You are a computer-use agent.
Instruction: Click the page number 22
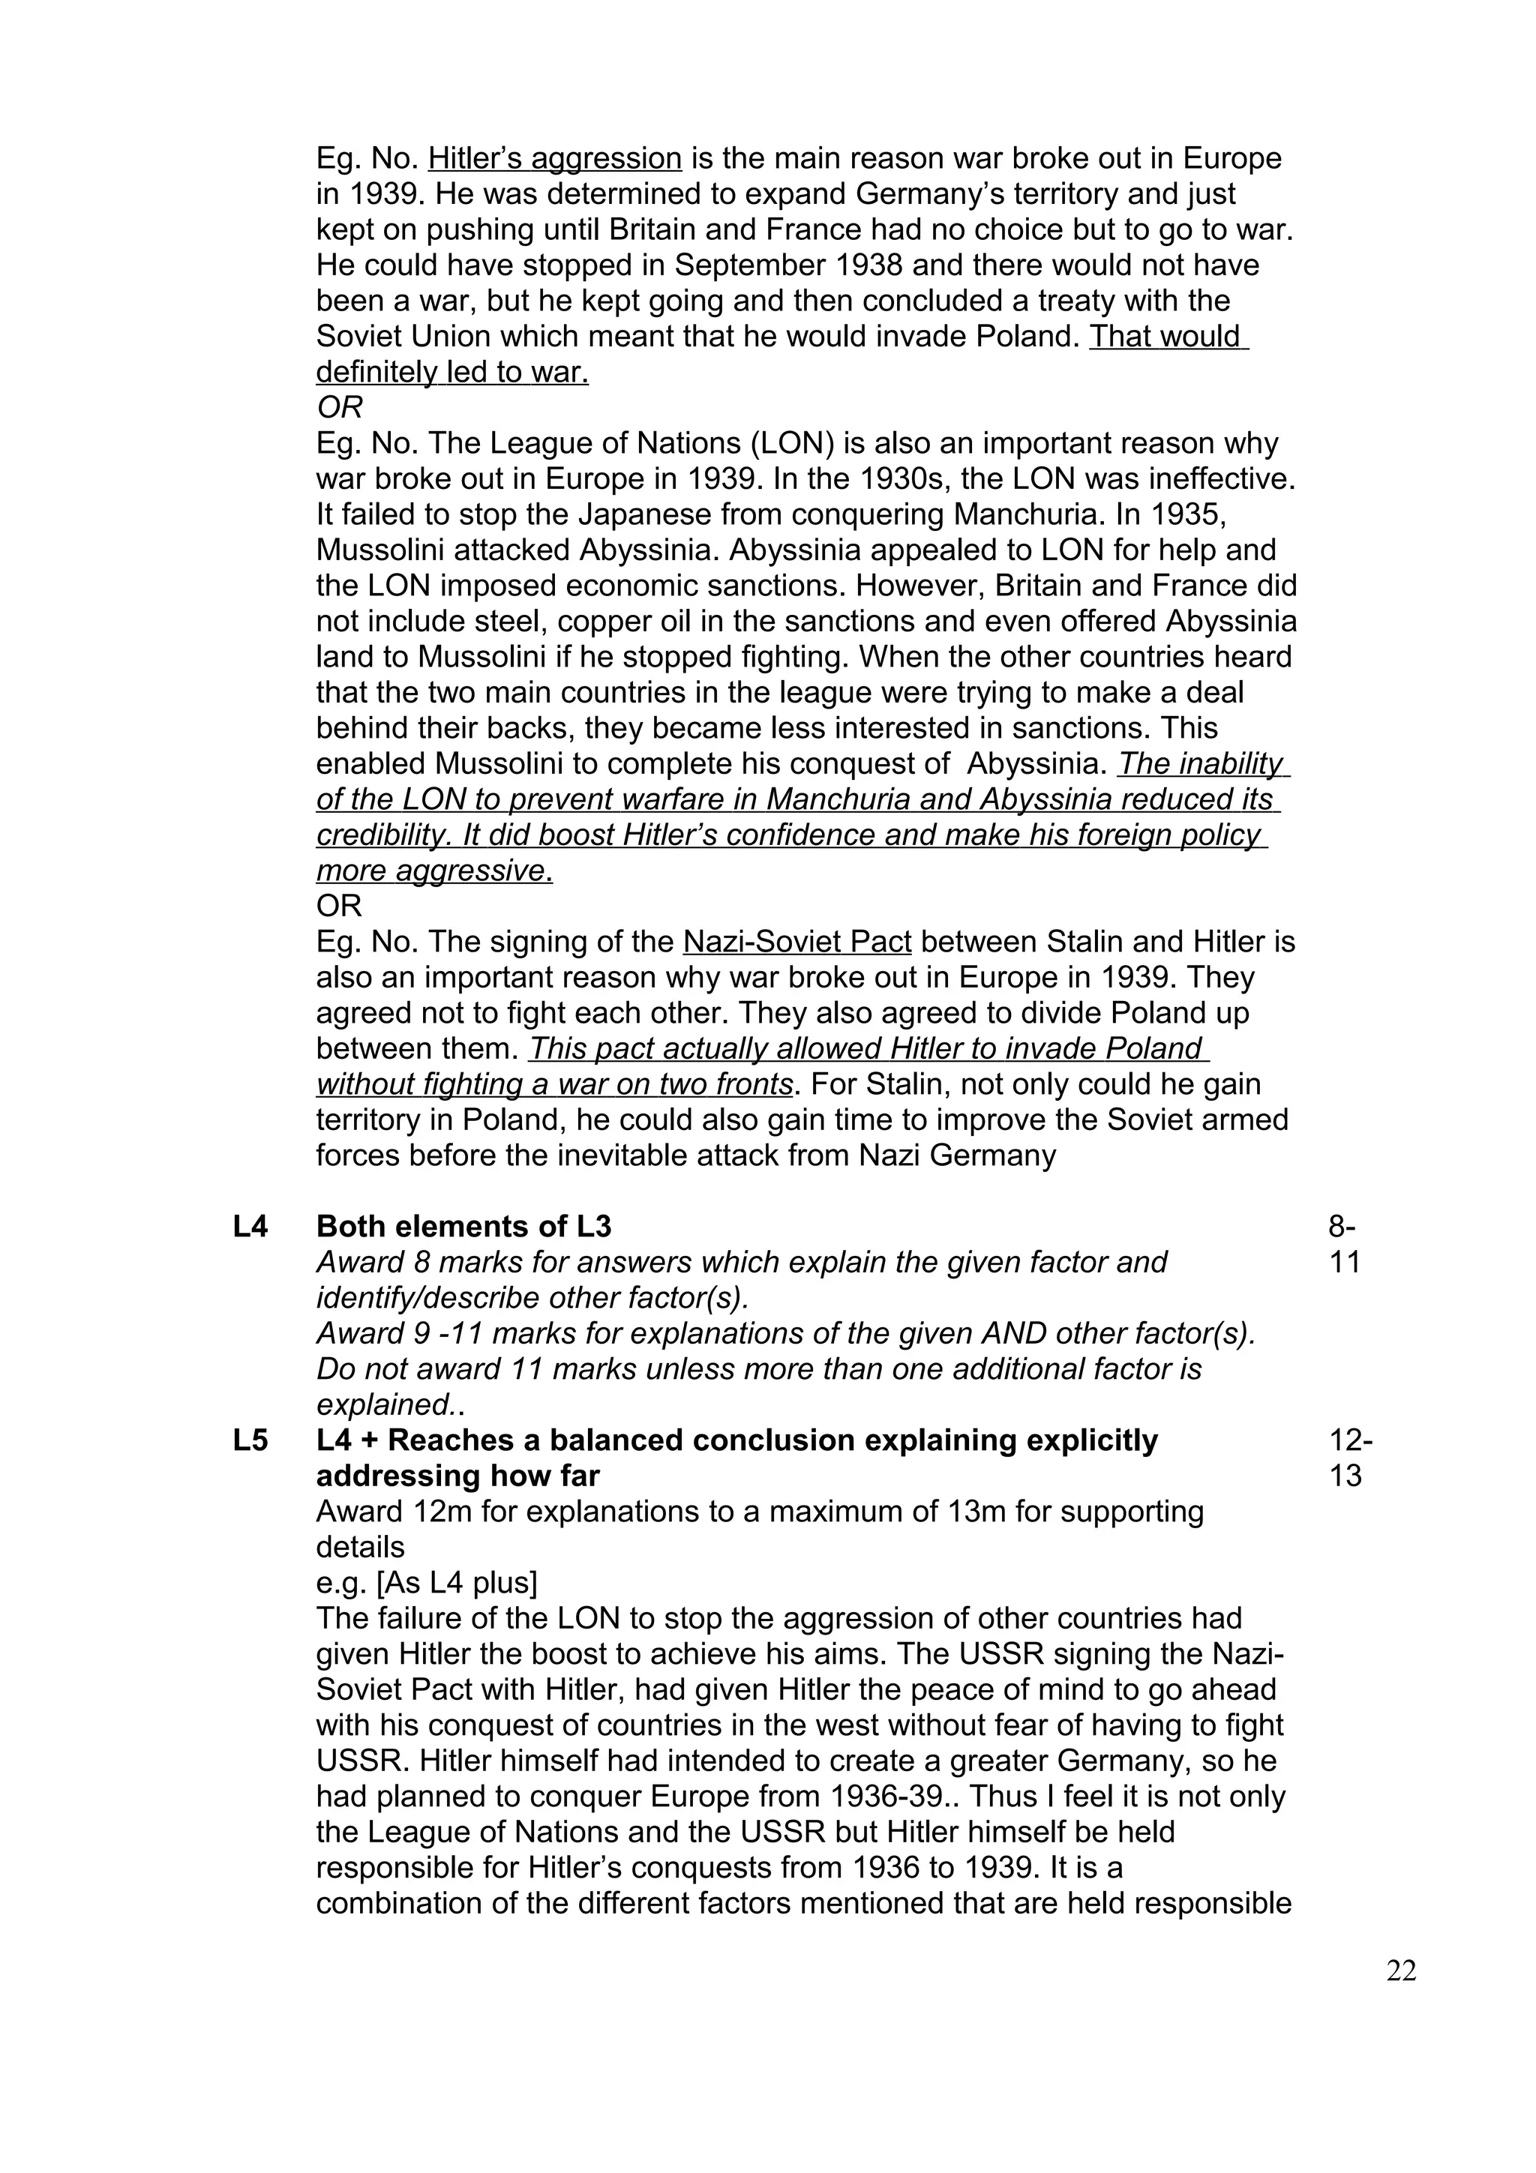pyautogui.click(x=1401, y=1971)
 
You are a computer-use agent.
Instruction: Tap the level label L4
pyautogui.click(x=250, y=1227)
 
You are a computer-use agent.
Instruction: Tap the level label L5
pyautogui.click(x=250, y=1440)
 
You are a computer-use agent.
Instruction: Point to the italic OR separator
pyautogui.click(x=339, y=408)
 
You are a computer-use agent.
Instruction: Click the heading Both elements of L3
pyautogui.click(x=463, y=1227)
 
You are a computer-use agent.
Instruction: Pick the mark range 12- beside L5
pyautogui.click(x=1351, y=1440)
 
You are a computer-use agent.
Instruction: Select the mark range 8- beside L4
pyautogui.click(x=1342, y=1227)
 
